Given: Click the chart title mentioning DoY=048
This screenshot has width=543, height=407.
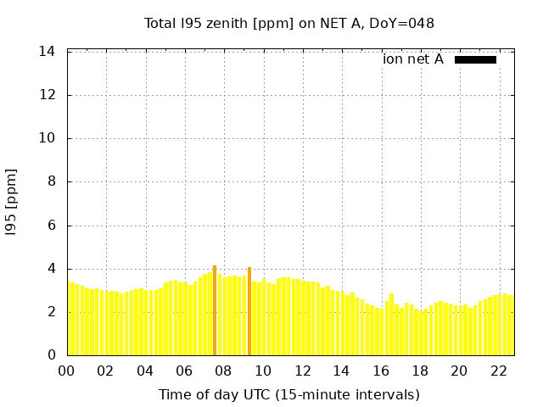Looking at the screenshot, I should point(288,24).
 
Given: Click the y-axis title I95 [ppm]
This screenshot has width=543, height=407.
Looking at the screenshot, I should point(12,202).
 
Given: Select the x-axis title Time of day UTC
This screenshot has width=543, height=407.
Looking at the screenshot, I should point(288,394).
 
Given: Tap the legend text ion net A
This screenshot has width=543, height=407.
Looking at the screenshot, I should point(412,59).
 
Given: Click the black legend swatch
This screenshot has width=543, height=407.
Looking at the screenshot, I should point(475,59).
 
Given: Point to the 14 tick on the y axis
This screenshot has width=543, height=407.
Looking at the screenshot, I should point(48,52).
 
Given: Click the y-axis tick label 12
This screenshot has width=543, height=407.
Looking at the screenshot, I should point(48,95).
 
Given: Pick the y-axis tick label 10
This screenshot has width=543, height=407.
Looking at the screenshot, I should point(48,138).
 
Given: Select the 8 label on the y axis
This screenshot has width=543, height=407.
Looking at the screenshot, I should point(51,181).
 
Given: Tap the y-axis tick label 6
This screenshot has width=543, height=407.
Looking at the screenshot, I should point(51,226).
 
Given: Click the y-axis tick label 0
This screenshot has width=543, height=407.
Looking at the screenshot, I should point(51,355).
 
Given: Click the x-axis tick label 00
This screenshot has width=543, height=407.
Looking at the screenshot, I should point(66,371).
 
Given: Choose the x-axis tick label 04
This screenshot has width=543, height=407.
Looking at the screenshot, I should point(145,371).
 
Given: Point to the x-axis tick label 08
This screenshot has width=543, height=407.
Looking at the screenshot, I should point(223,371).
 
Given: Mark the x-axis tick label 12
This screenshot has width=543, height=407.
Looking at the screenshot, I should point(302,371).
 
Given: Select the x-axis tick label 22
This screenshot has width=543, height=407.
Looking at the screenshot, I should point(499,371).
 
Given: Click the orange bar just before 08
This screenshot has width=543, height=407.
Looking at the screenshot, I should point(215,310).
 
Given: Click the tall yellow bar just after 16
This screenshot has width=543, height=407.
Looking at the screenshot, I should point(391,324).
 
